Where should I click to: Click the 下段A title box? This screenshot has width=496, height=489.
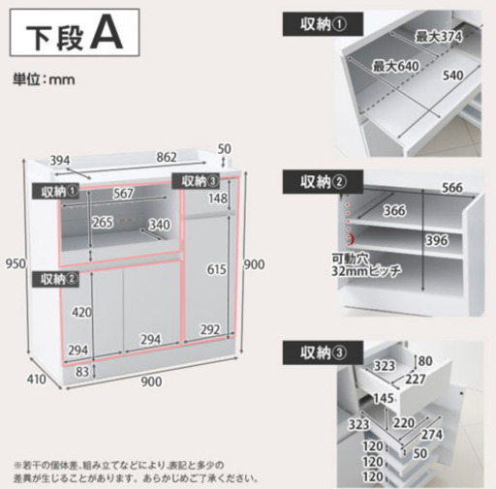[75, 33]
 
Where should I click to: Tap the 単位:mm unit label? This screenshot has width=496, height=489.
[44, 79]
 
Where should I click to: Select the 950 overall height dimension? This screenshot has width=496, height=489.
[15, 264]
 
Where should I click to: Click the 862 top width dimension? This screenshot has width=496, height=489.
[167, 157]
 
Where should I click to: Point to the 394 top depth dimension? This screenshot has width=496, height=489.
[60, 161]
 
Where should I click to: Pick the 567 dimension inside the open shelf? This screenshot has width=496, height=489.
[123, 194]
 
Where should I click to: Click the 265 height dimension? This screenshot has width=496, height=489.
[103, 223]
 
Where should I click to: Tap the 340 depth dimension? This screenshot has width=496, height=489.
[160, 225]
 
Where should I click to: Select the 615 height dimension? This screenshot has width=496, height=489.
[216, 269]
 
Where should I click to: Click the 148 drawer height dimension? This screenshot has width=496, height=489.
[218, 199]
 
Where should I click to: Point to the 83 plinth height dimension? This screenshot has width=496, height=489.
[82, 372]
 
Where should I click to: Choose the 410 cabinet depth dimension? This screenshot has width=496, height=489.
[36, 380]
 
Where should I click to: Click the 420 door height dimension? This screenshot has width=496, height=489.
[81, 313]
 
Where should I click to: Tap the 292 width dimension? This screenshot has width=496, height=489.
[210, 330]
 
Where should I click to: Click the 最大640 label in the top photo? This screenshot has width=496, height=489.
[395, 67]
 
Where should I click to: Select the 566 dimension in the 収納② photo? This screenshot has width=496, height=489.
[452, 188]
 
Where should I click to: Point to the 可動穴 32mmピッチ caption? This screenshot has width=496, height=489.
[366, 264]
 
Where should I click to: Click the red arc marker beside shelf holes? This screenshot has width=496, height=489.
[352, 239]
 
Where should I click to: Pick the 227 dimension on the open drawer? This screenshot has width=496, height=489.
[416, 379]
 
